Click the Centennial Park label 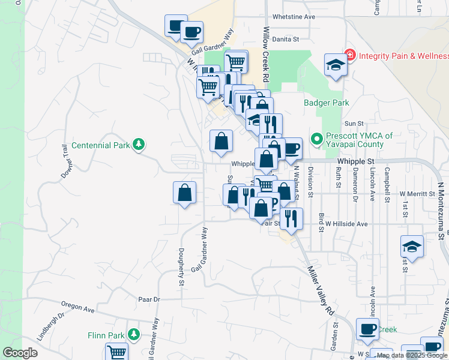point(100,145)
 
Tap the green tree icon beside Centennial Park point(139,145)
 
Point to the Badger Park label point(326,103)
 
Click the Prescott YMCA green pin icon point(316,139)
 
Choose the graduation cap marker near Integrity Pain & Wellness point(336,65)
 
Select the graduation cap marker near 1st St point(412,247)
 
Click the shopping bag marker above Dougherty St point(184,193)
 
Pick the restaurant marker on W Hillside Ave point(291,218)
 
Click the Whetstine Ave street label point(294,17)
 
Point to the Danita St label point(285,40)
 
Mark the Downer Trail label point(65,161)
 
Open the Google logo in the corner point(20,353)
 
